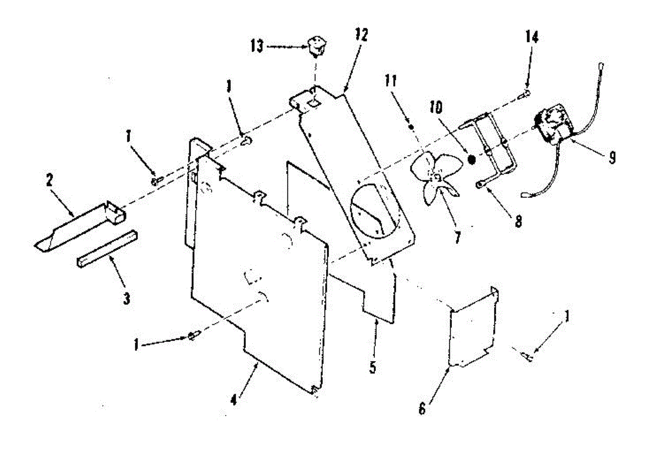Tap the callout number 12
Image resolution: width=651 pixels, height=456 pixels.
tap(361, 36)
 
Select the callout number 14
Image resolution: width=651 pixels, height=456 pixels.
tap(532, 37)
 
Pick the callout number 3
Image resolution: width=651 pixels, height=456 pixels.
tap(126, 298)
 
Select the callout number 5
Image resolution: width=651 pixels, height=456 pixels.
tap(372, 367)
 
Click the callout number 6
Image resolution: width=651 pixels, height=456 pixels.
tap(422, 408)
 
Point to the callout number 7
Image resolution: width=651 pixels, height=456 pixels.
tap(457, 237)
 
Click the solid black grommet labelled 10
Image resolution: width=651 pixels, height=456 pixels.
tap(471, 159)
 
